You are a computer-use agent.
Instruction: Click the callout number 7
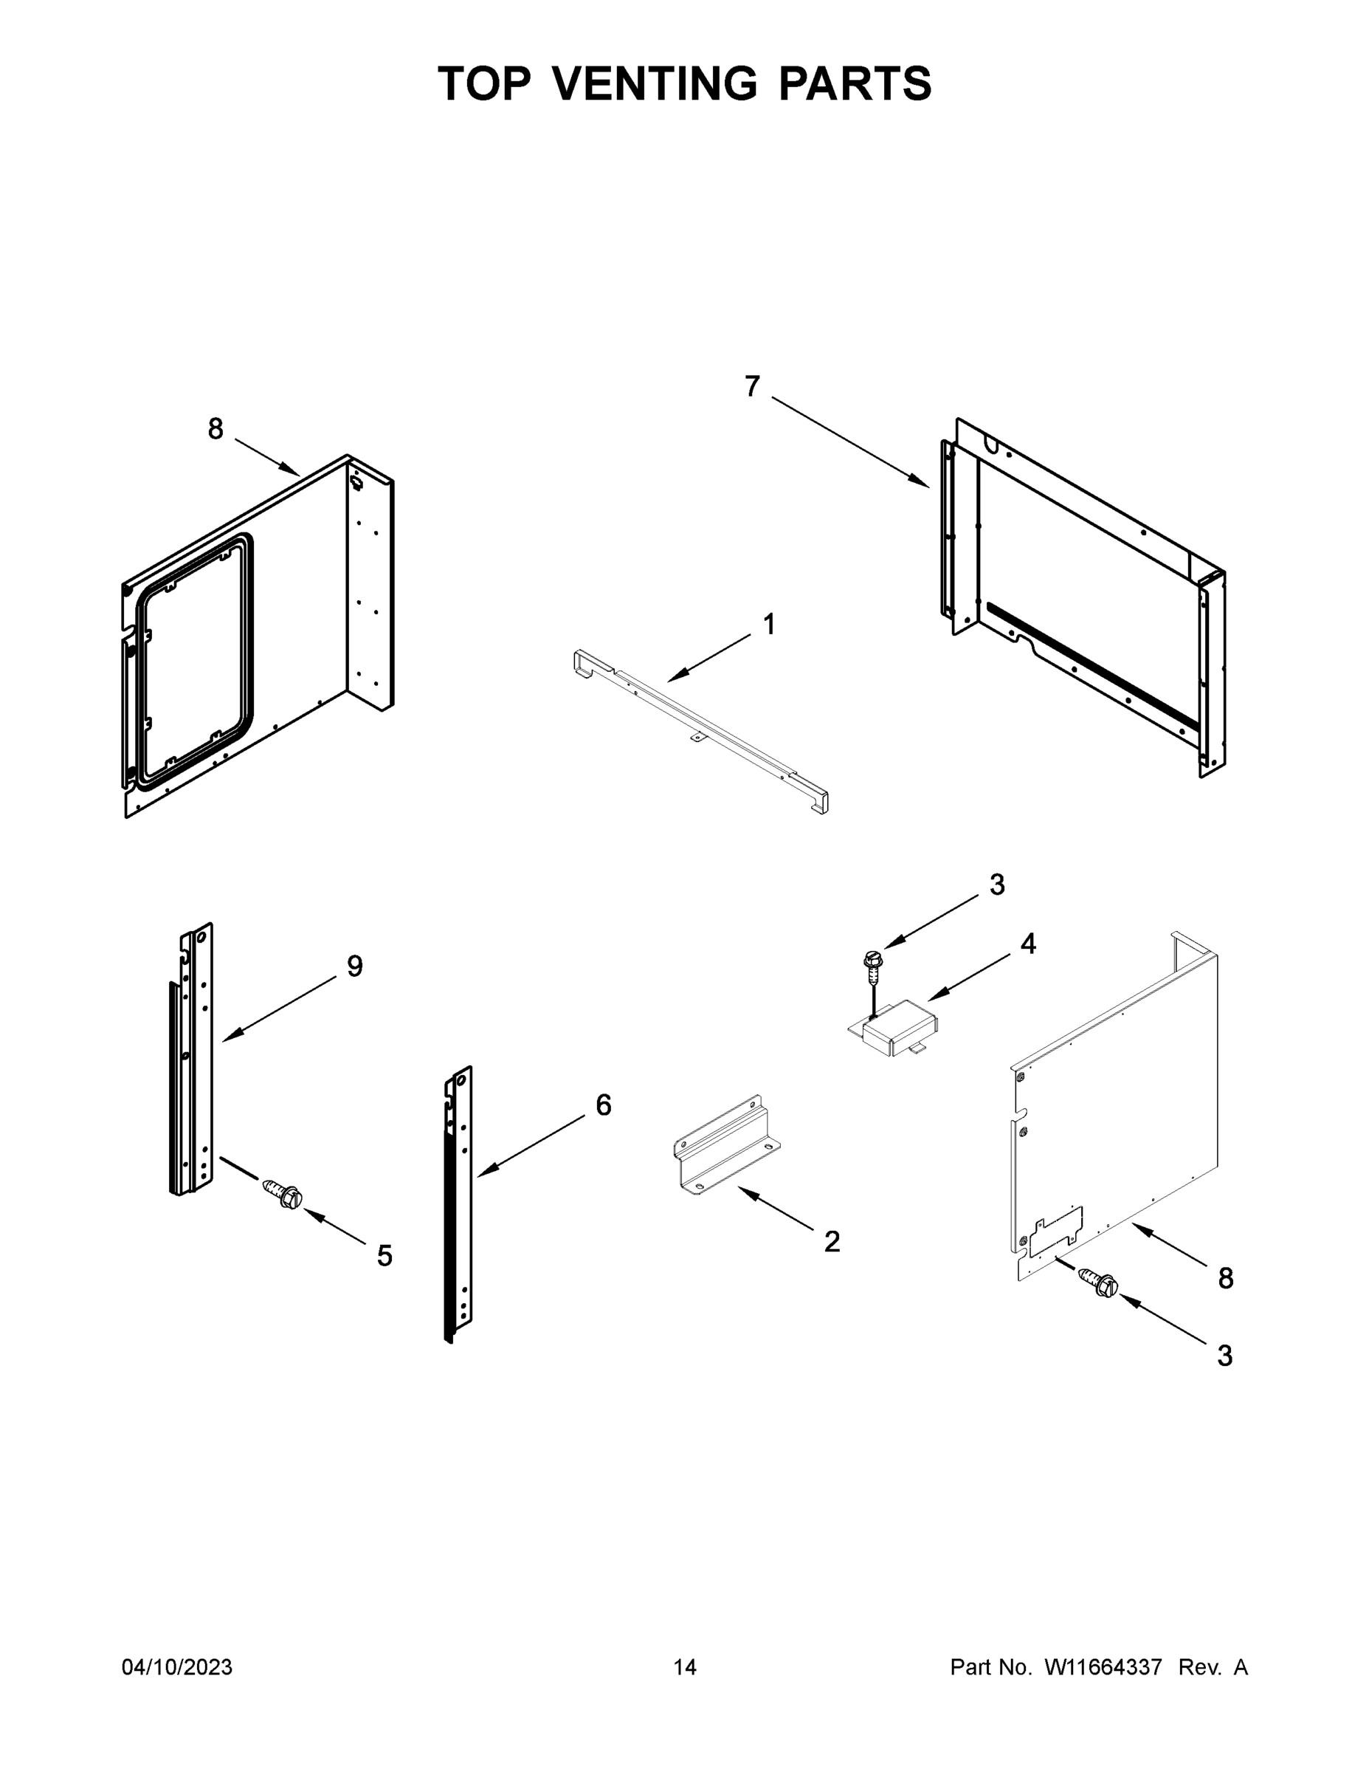click(x=752, y=387)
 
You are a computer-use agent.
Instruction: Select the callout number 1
click(x=769, y=624)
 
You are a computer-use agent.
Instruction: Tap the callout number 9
click(x=354, y=966)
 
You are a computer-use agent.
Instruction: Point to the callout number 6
click(x=604, y=1105)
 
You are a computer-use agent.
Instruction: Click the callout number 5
click(x=385, y=1255)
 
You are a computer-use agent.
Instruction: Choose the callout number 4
click(x=1027, y=943)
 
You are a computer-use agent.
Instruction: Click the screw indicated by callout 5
click(x=283, y=1195)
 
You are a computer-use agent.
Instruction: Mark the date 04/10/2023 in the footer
click(x=177, y=1666)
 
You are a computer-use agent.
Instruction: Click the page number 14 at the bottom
click(x=685, y=1666)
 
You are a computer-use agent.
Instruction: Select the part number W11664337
click(x=1103, y=1666)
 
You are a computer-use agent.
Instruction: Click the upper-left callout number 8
click(x=215, y=428)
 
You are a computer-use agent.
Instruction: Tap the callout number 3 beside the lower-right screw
click(x=1224, y=1355)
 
